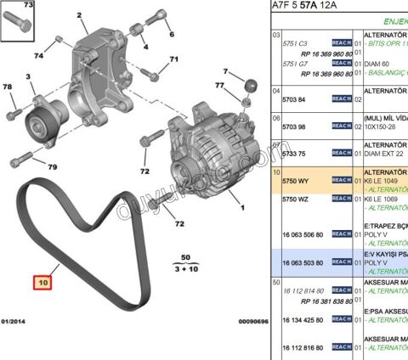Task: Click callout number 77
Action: coord(220,86)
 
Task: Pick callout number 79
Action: coord(51,167)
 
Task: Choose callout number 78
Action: coord(8,87)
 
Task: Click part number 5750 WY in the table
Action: coord(295,181)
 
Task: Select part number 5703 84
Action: coord(294,99)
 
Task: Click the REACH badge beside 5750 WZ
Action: coord(341,198)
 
